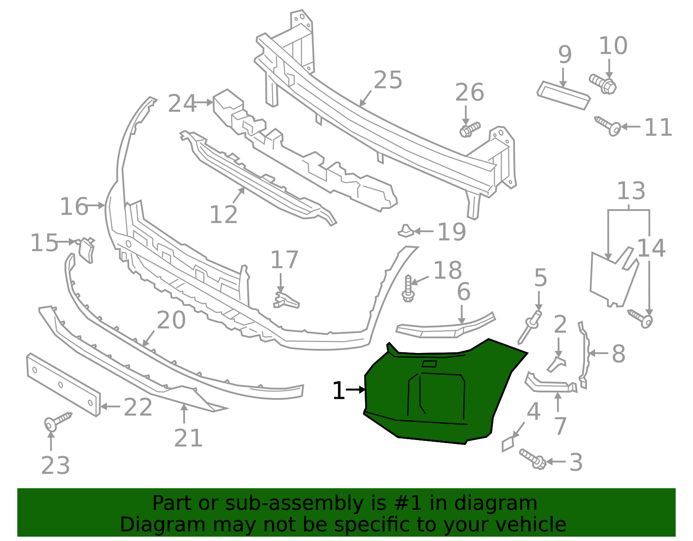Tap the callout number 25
point(388,80)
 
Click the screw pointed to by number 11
point(608,126)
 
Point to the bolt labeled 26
point(470,130)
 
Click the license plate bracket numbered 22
point(63,385)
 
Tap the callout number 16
point(74,206)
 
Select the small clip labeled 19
point(406,231)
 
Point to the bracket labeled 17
point(285,301)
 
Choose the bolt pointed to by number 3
point(533,459)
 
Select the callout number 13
point(631,191)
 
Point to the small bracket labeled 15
point(86,250)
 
